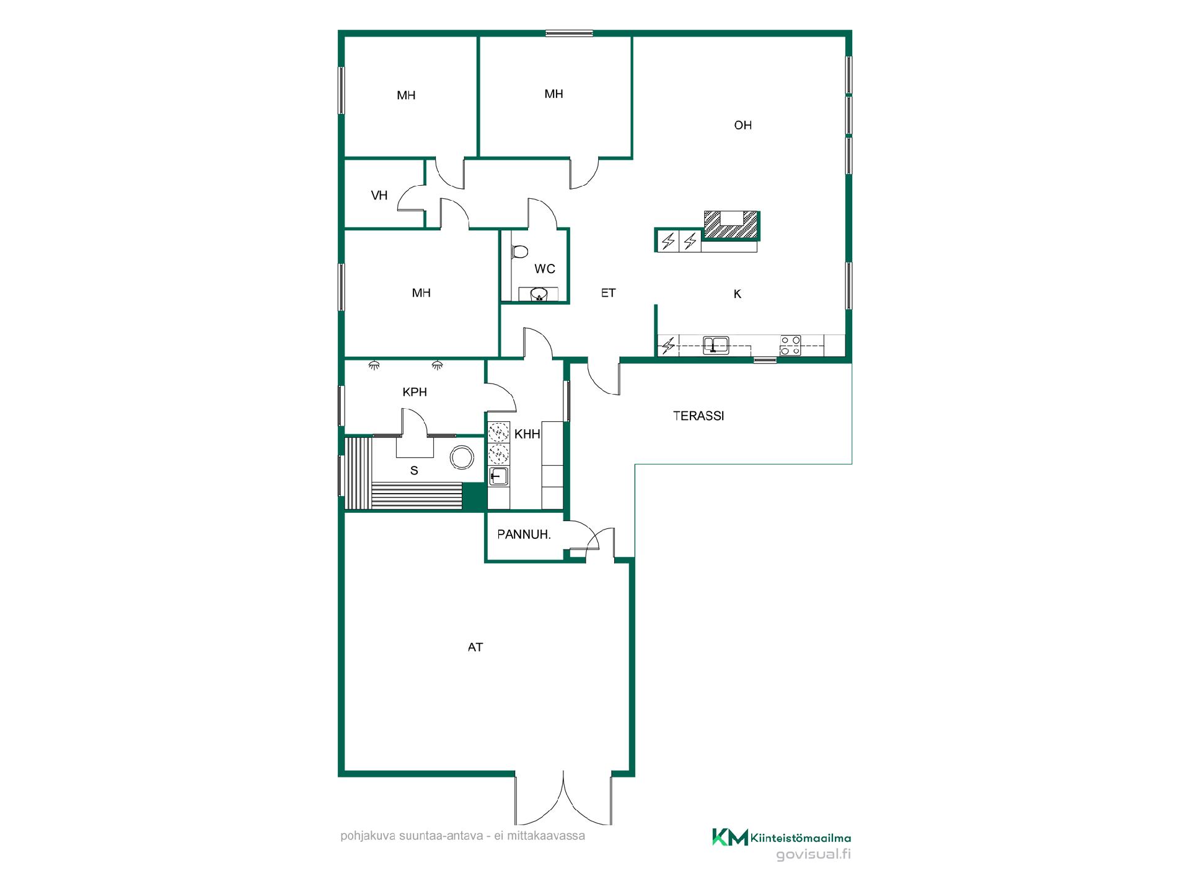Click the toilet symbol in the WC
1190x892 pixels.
click(x=519, y=251)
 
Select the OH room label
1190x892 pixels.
click(x=743, y=125)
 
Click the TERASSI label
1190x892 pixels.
click(x=699, y=416)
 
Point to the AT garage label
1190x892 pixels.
click(x=475, y=647)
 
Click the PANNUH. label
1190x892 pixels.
click(x=524, y=534)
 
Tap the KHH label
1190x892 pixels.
click(x=527, y=434)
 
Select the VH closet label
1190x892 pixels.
click(x=379, y=196)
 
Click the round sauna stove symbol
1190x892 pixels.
click(x=462, y=458)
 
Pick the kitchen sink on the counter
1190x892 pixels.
click(x=716, y=345)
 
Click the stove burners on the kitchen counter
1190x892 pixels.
click(x=790, y=345)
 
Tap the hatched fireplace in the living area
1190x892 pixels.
click(x=732, y=225)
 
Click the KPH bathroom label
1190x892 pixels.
click(x=415, y=392)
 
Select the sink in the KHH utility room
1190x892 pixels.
click(x=498, y=476)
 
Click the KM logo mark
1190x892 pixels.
click(x=730, y=837)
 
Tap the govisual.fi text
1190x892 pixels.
click(x=813, y=855)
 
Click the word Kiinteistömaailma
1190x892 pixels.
click(x=801, y=838)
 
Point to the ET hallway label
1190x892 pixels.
click(x=608, y=293)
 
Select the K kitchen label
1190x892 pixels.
click(x=738, y=294)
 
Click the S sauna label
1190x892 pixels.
click(x=414, y=471)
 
